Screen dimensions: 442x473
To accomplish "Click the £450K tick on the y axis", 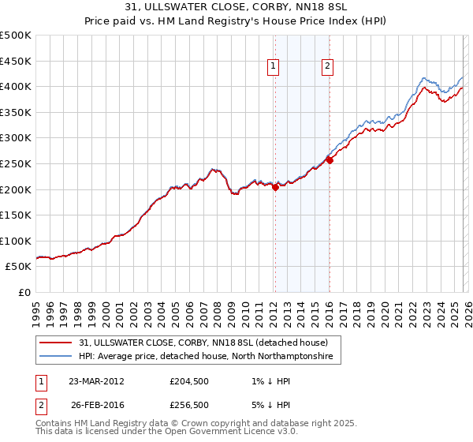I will [x=16, y=61].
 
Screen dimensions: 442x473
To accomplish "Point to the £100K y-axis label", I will [x=16, y=241].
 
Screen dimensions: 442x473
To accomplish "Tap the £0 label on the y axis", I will [x=24, y=292].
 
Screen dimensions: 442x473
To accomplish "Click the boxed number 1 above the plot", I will [x=274, y=67].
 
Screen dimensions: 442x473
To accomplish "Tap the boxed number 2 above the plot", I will [x=327, y=67].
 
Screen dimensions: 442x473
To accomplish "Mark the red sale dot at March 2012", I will [x=275, y=187].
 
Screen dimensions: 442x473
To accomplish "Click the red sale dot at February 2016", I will [x=330, y=160].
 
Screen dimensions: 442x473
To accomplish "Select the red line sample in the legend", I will [x=55, y=343].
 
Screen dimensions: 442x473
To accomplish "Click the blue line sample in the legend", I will [x=55, y=357].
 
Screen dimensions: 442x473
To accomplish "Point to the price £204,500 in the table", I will [x=190, y=380].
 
